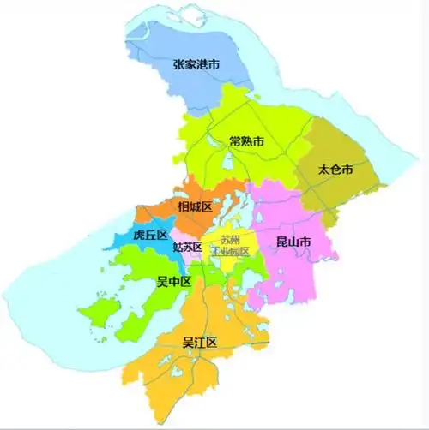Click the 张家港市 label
[x=196, y=64]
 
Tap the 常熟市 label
[x=246, y=140]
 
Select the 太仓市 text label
[x=335, y=170]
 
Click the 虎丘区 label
[x=150, y=235]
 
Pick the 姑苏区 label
[x=187, y=247]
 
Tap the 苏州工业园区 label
[x=233, y=246]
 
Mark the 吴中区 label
[x=173, y=280]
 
